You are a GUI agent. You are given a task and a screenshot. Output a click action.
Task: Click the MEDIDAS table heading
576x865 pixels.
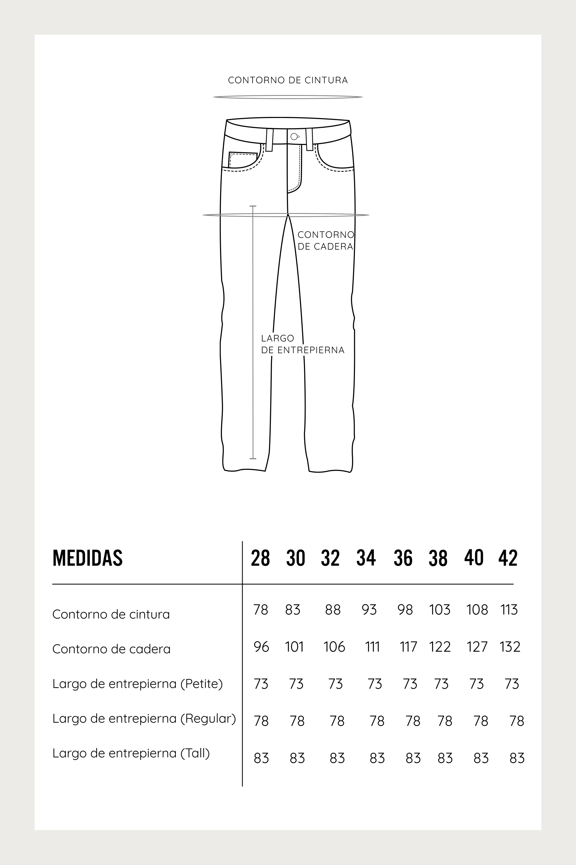87,558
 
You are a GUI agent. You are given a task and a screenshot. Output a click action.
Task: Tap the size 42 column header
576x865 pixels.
508,558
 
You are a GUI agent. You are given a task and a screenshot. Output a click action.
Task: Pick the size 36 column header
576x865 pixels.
403,558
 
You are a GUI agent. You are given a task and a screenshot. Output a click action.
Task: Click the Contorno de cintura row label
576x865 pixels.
111,614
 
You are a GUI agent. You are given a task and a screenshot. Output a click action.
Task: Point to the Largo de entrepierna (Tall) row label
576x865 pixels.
131,753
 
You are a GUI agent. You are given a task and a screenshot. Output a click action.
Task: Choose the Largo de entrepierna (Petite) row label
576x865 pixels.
137,684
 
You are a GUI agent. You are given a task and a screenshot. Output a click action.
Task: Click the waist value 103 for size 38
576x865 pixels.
440,610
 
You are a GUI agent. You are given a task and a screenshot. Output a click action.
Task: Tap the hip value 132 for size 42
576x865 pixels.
510,647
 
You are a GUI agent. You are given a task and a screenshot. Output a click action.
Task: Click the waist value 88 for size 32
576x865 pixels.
333,610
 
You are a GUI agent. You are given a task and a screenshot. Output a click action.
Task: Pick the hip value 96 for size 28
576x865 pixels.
261,647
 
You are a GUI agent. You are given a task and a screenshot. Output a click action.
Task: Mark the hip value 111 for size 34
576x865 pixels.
372,647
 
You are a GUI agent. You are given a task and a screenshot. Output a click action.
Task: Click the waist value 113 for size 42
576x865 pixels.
509,610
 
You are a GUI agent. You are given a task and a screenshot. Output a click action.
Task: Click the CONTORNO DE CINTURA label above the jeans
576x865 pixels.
288,80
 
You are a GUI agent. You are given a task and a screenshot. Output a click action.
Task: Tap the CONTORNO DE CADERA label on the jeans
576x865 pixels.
326,241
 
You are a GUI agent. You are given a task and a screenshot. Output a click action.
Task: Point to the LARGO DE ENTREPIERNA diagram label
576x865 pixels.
302,344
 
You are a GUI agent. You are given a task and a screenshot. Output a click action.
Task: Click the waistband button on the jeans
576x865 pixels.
294,137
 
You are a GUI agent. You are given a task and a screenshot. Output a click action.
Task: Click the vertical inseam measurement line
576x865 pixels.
253,331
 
